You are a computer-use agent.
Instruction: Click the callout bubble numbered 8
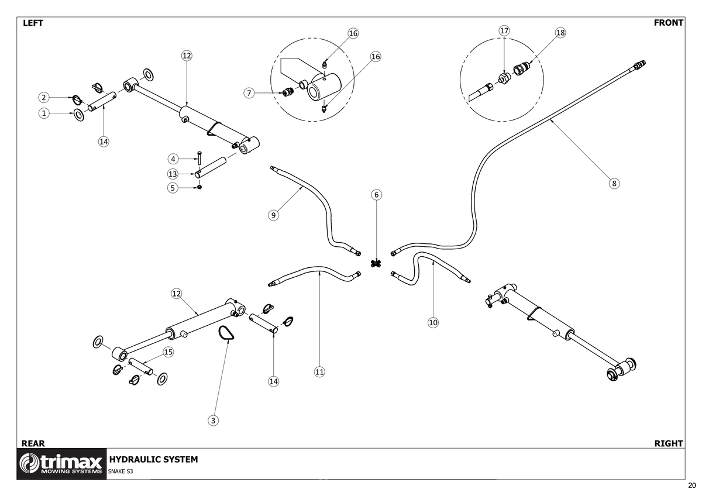tap(614, 183)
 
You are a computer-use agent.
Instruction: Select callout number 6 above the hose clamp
tap(376, 194)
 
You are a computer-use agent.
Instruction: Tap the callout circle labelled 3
tap(214, 420)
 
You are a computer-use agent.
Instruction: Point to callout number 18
tap(560, 33)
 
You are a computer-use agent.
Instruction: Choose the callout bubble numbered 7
tap(249, 93)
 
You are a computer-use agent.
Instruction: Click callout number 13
tap(173, 174)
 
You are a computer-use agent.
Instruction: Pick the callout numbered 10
tap(433, 322)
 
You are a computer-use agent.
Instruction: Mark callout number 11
tap(319, 371)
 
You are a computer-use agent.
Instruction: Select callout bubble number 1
tap(44, 113)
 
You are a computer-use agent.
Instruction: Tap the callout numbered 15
tap(168, 352)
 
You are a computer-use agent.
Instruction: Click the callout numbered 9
tap(273, 215)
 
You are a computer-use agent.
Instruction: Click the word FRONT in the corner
tap(668, 23)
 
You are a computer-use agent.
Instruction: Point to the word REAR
tap(33, 443)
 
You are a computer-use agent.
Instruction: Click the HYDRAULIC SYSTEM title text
tap(153, 459)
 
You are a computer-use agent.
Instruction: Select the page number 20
tap(692, 485)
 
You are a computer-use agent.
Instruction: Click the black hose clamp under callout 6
tap(376, 263)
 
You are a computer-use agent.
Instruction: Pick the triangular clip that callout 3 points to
tap(225, 333)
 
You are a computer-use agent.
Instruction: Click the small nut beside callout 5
tap(200, 188)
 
